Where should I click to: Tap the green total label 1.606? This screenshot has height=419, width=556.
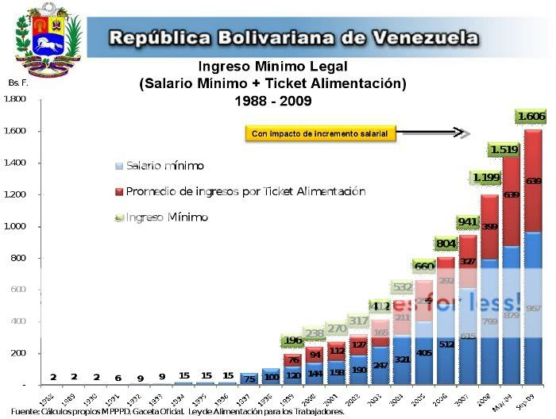click(x=531, y=117)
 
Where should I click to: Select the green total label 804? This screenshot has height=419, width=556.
click(x=446, y=244)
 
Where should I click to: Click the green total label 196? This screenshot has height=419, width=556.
click(x=293, y=340)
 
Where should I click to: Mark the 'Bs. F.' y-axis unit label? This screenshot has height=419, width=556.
click(x=17, y=83)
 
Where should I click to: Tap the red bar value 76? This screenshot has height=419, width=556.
click(x=293, y=359)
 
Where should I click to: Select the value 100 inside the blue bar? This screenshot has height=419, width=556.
click(x=271, y=376)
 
